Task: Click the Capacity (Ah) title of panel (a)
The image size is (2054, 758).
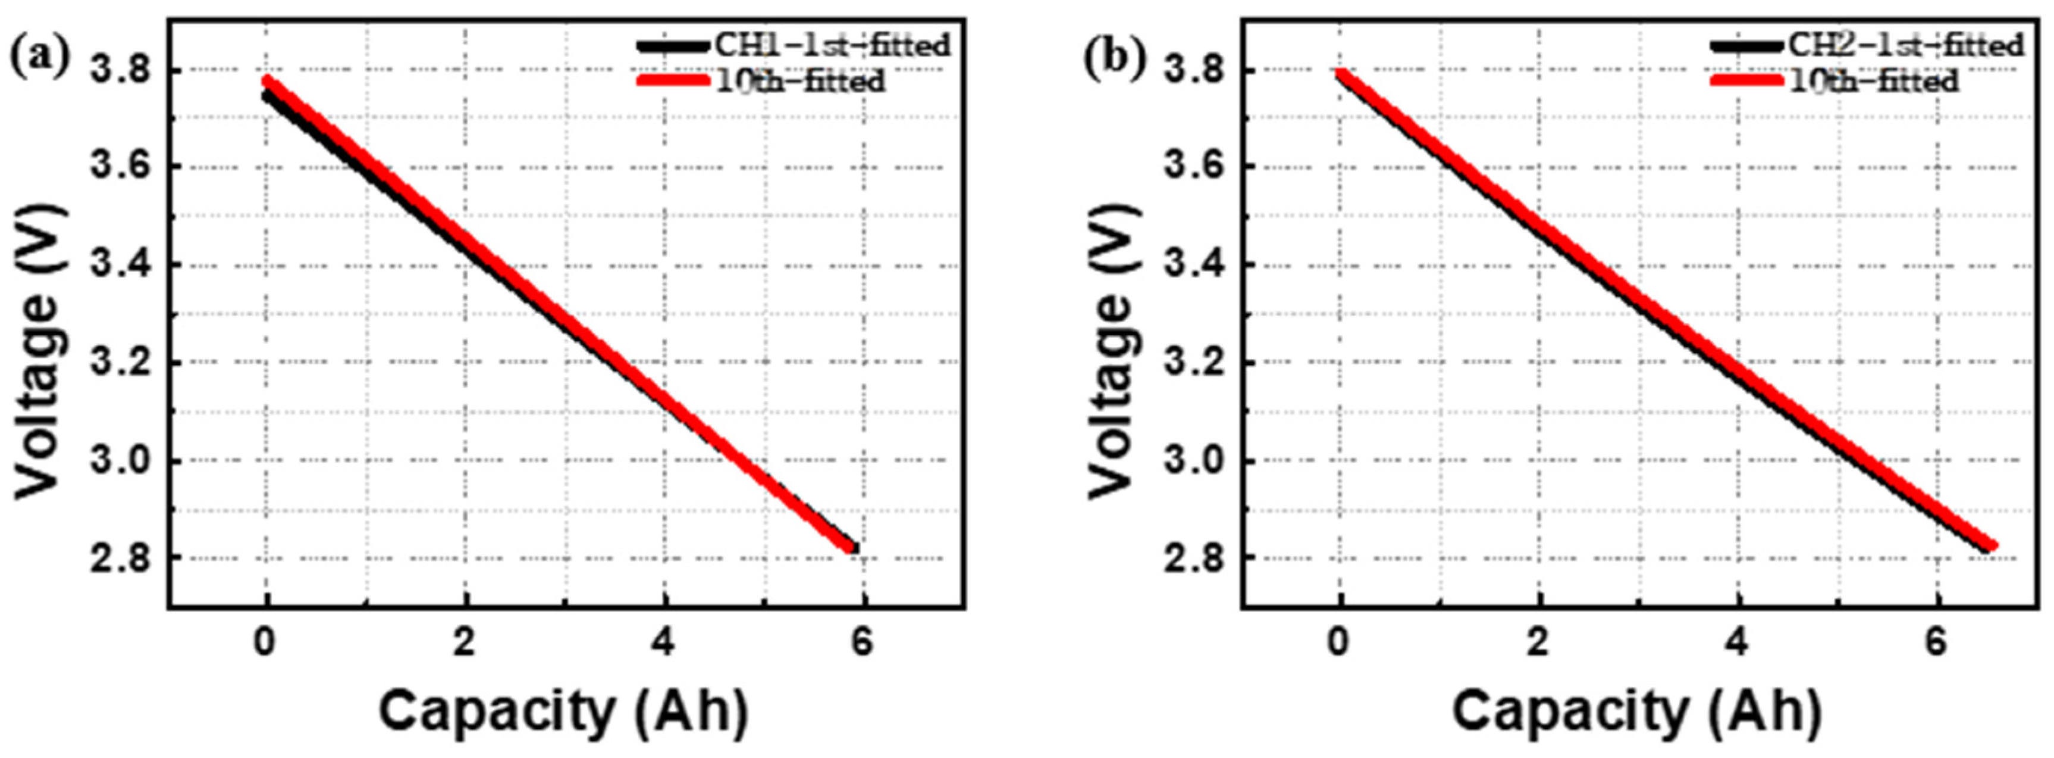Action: (x=564, y=711)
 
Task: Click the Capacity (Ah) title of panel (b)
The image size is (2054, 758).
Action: (x=1637, y=711)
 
